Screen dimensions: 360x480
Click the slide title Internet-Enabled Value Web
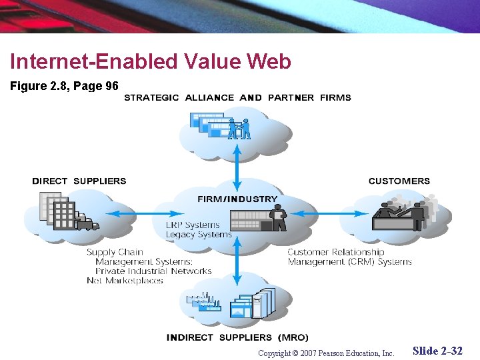point(151,62)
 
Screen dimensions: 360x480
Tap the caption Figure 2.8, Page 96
point(65,86)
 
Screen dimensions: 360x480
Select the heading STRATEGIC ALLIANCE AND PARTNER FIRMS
point(237,97)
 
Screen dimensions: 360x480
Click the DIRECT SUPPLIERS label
point(79,181)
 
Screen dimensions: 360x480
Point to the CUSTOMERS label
point(399,181)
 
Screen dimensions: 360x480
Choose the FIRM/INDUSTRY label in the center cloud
point(237,199)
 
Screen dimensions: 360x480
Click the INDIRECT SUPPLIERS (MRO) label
point(237,337)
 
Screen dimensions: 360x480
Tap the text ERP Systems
point(192,225)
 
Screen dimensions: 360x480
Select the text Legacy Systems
point(199,234)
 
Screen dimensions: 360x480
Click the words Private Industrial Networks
point(153,271)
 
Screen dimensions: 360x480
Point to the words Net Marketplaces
point(125,281)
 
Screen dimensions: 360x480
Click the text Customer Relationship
point(336,252)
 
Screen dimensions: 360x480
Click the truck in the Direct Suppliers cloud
point(87,223)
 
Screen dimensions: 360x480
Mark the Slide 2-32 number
point(437,351)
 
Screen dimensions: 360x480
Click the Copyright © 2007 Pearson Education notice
point(326,353)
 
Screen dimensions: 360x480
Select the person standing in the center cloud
point(279,218)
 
